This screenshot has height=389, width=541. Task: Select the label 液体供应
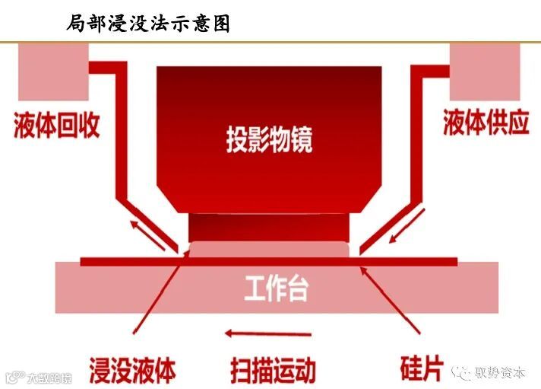coord(486,125)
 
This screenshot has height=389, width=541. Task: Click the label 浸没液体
coord(133,371)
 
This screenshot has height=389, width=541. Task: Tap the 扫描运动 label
coord(272,371)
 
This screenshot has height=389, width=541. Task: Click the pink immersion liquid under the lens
coord(270,250)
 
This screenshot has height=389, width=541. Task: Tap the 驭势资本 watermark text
coord(499,372)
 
